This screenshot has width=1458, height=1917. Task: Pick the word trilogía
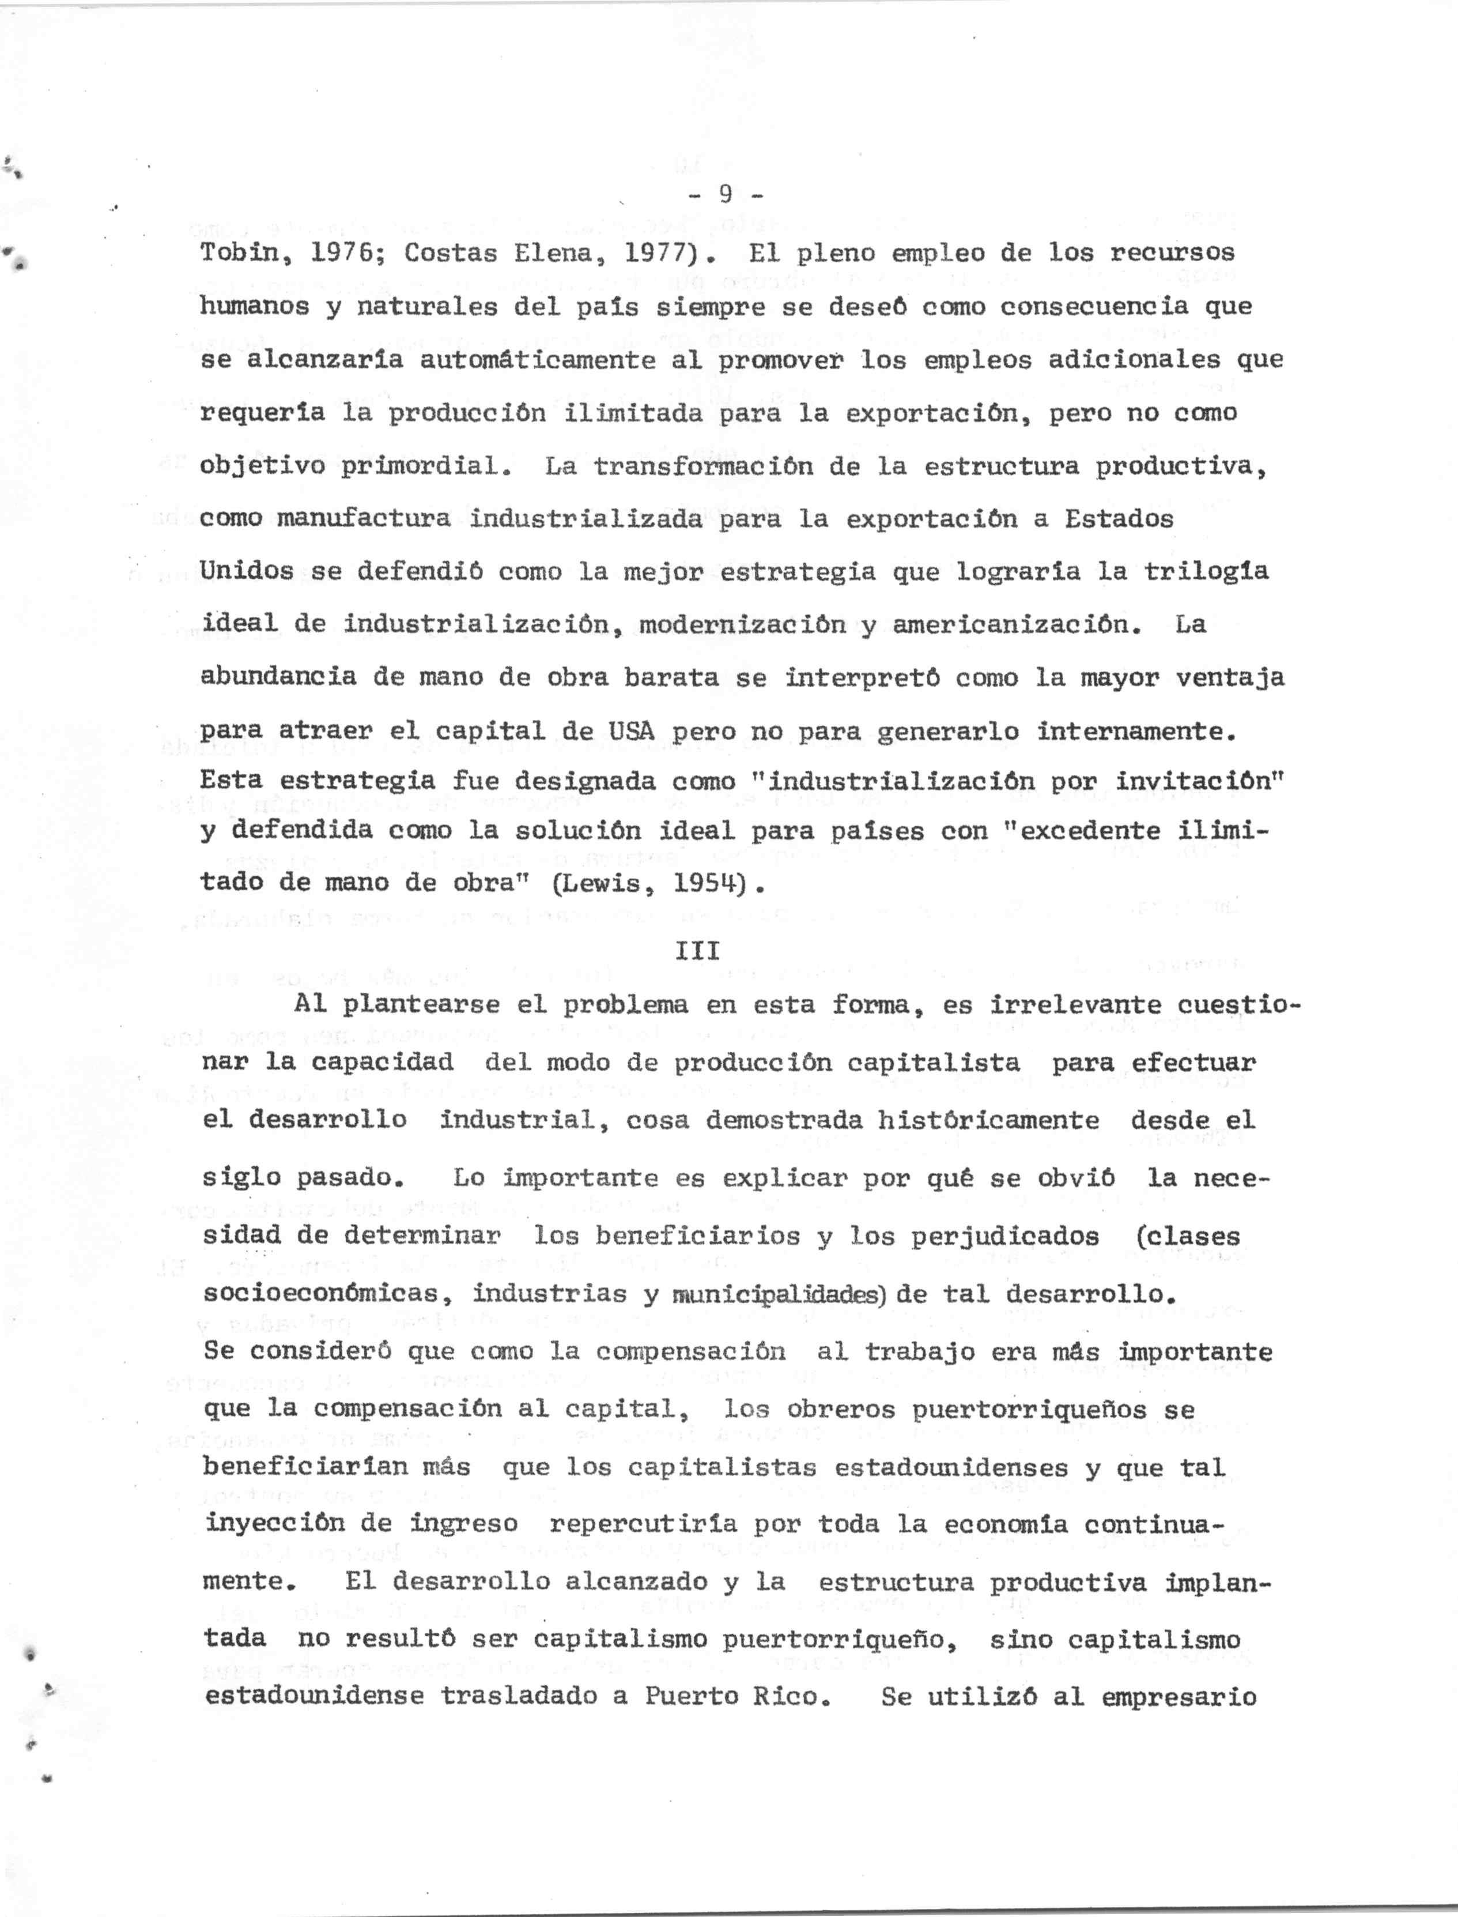coord(1206,571)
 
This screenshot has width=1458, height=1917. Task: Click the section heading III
coord(697,951)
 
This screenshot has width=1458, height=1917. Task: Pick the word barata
coord(671,677)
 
